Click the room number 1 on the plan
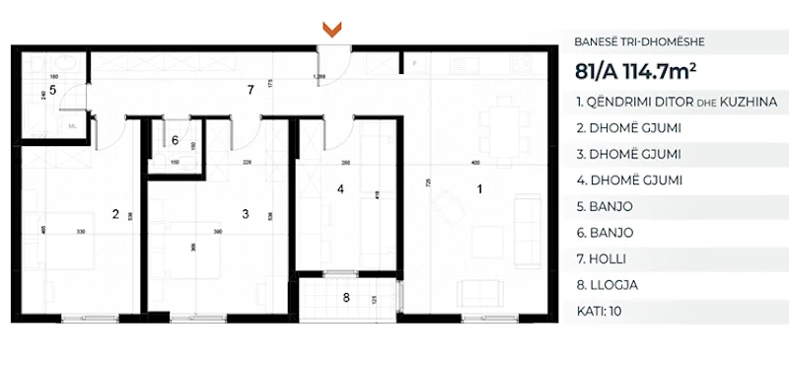tap(480, 188)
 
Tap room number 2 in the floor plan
tap(115, 213)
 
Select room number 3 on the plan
tap(244, 213)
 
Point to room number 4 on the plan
tap(339, 188)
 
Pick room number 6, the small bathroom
tap(175, 141)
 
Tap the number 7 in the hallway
tap(251, 90)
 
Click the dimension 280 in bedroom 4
tap(346, 162)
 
